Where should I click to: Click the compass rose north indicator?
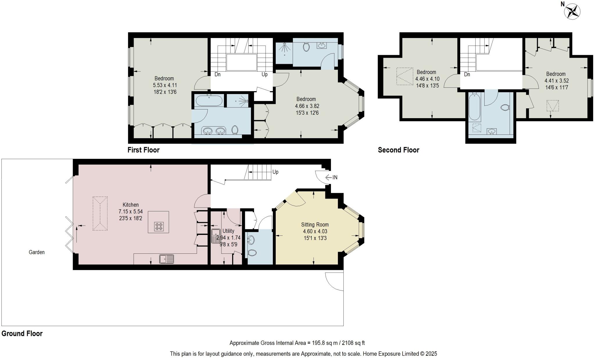coord(572,12)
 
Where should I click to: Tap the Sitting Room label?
coord(315,224)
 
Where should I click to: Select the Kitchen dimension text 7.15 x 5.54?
coord(130,212)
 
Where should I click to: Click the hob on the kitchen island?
coord(159,226)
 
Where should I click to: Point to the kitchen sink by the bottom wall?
coord(167,259)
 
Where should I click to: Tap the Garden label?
coord(37,252)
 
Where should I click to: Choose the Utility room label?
coord(228,231)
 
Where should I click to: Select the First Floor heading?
coord(144,150)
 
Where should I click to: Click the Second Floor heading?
coord(398,150)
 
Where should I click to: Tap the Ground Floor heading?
coord(22,334)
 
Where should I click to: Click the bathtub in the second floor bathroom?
coord(475,107)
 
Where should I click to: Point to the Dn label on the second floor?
coord(467,75)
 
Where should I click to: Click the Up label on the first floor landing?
coord(264,75)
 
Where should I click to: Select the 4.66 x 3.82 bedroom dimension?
coord(307,106)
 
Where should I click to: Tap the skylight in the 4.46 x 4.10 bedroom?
coord(405,76)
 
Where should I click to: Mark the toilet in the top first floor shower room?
coord(306,47)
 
